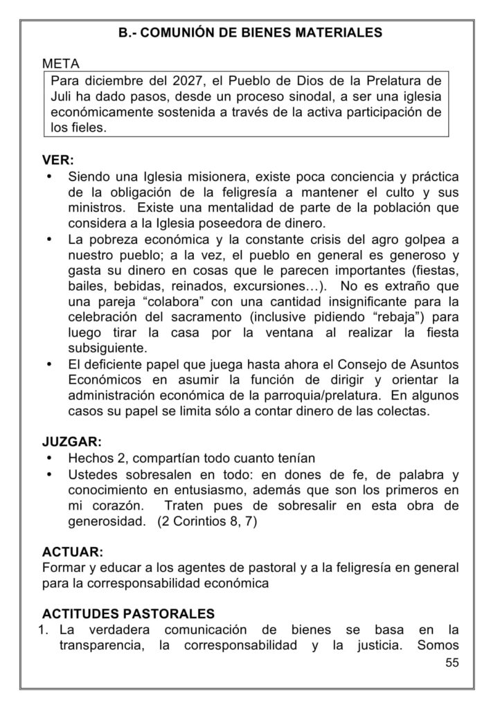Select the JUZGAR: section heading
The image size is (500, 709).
(x=71, y=441)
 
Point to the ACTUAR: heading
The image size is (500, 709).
(x=72, y=552)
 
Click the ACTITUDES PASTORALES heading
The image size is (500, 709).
(x=128, y=613)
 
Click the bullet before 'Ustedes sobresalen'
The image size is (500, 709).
(x=49, y=474)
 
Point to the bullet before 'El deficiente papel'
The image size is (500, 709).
(x=49, y=364)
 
